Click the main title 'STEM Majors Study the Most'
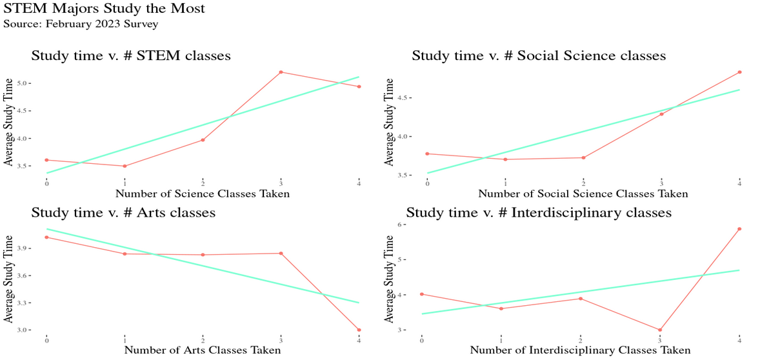pos(105,9)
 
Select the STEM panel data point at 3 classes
pos(281,72)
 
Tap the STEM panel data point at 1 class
pos(125,166)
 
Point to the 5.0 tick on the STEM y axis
pos(24,83)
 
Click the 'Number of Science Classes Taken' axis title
pos(202,193)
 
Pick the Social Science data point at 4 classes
pos(739,72)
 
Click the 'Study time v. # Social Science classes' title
pos(539,56)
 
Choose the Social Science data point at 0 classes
pos(427,154)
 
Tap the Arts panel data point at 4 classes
pos(359,330)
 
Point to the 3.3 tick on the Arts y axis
pos(23,303)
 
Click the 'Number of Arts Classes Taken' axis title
pos(202,350)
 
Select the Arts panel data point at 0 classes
pos(46,237)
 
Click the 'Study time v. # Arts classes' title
pos(123,213)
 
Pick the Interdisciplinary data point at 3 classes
pos(660,330)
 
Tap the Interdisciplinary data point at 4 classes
pos(739,229)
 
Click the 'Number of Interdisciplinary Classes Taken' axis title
pos(580,350)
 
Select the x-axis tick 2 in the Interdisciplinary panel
pos(581,340)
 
